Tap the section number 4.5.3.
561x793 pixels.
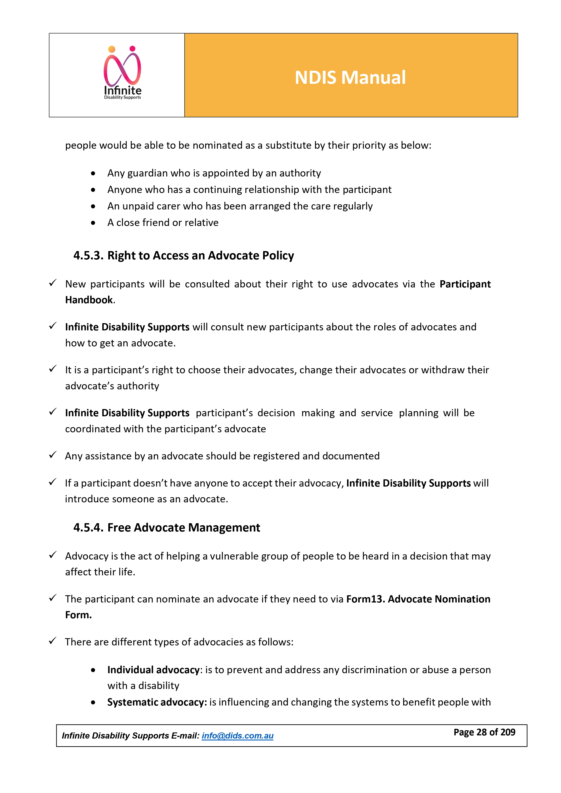(x=88, y=256)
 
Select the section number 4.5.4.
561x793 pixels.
(x=88, y=528)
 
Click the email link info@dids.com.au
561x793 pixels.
(x=237, y=736)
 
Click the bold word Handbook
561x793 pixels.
(x=89, y=300)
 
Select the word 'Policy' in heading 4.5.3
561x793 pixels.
(x=278, y=256)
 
